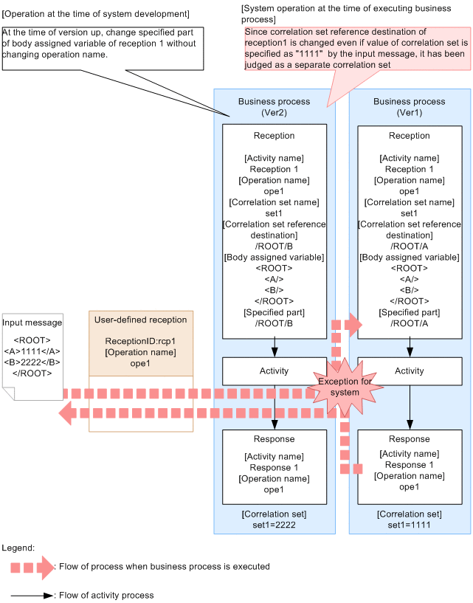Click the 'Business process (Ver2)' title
274,107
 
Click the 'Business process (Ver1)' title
410,107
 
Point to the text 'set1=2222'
274,525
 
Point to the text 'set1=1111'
410,525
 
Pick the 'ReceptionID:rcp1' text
140,342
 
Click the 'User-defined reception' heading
140,320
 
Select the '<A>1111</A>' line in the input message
32,351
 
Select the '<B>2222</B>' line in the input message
32,362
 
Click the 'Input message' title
32,323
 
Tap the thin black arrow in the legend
32,595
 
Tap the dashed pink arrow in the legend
32,568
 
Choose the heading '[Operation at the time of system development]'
95,14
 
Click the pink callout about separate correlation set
356,49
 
